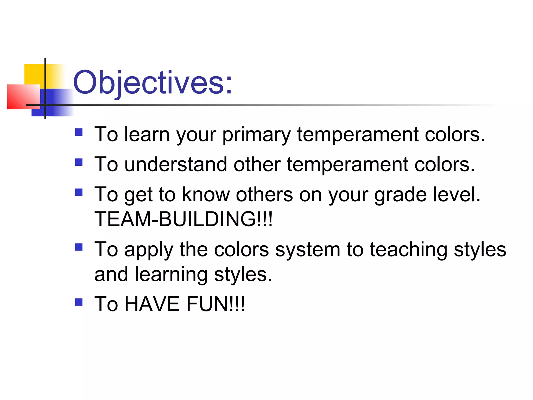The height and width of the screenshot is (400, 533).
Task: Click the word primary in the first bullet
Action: [256, 135]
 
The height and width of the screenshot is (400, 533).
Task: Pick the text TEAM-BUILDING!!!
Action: [183, 219]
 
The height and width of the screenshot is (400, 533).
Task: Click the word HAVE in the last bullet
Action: [152, 304]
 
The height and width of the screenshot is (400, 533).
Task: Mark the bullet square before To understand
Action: [79, 162]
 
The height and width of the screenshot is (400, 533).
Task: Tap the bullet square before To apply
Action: [79, 247]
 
